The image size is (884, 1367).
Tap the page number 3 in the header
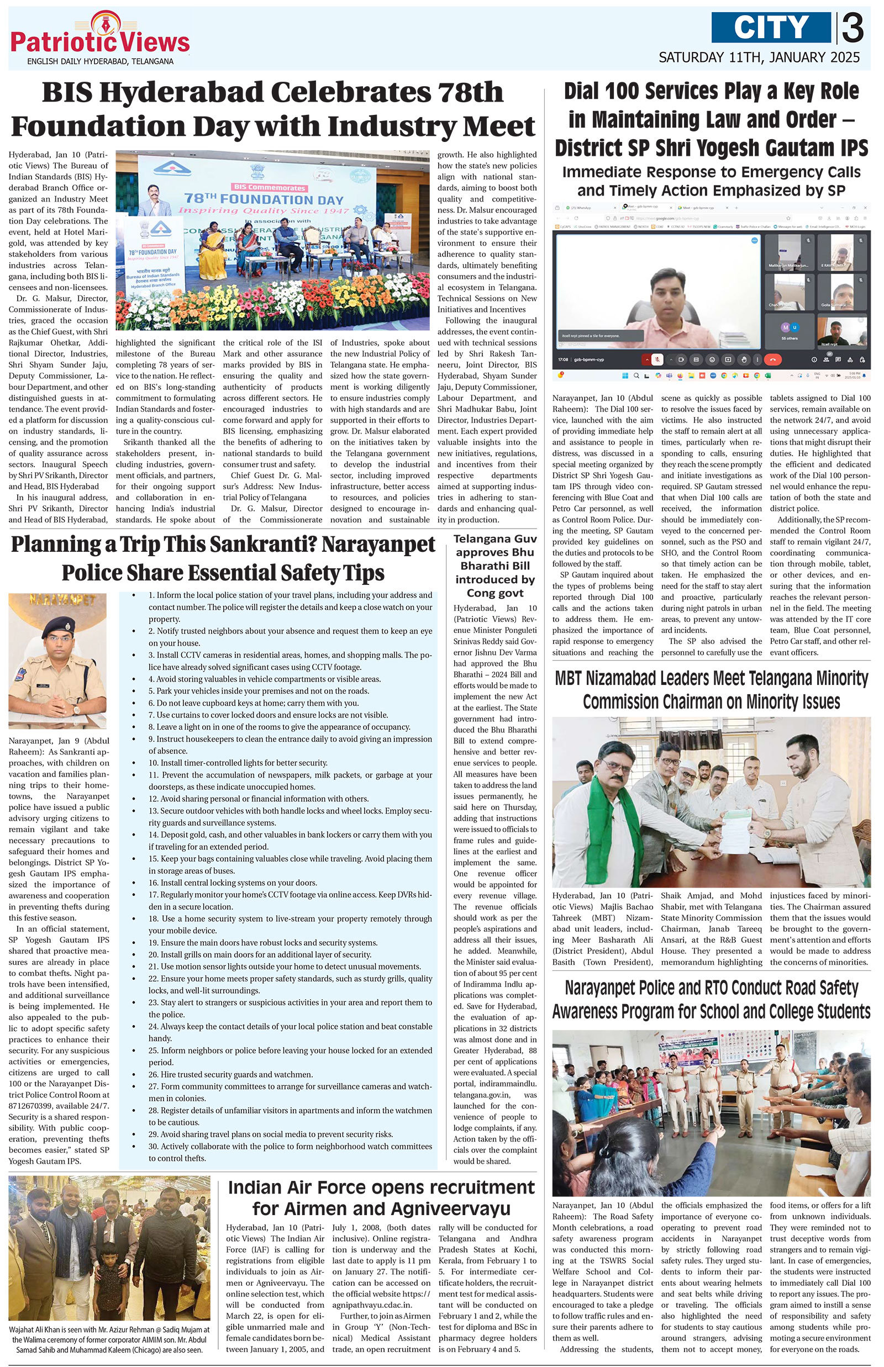coord(852,29)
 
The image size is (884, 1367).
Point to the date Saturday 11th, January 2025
coord(759,57)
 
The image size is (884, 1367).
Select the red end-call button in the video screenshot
coord(772,360)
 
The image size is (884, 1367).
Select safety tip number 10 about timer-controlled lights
coord(238,763)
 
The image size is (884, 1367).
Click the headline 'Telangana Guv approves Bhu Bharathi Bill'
coord(495,566)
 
